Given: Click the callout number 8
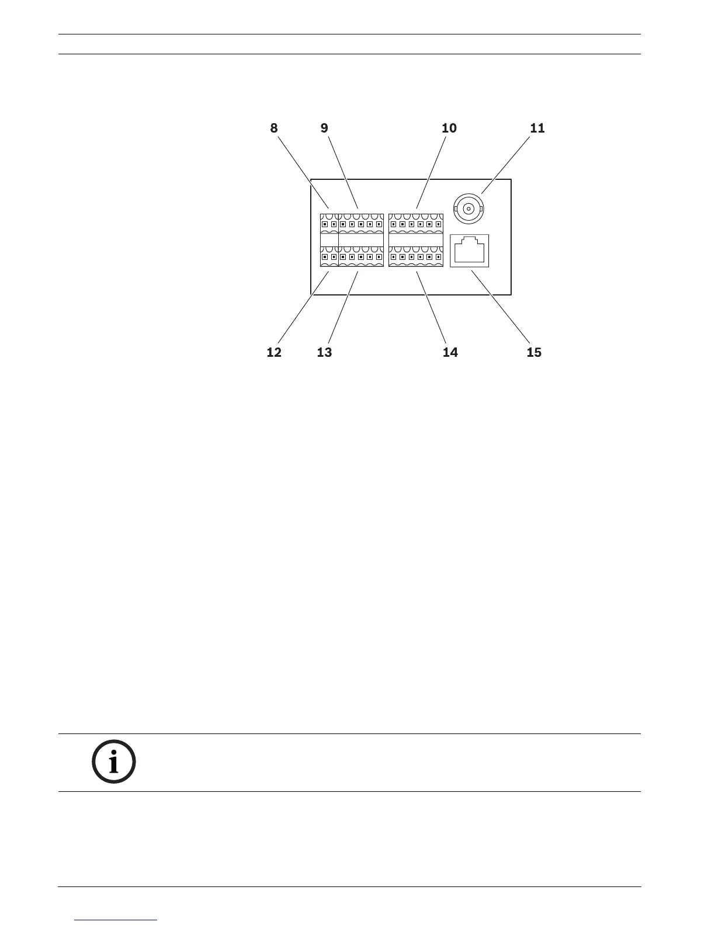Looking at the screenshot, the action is pos(274,128).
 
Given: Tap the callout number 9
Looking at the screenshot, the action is pos(325,128).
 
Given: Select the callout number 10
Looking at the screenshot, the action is pos(449,128).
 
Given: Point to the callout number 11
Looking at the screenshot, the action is pos(537,128).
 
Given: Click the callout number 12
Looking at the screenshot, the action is pos(274,352).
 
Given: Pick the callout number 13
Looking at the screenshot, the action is pos(324,352).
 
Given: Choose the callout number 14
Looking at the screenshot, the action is pos(450,352).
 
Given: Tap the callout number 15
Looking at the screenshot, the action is pos(534,352).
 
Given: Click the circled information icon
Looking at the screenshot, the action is pos(114,762).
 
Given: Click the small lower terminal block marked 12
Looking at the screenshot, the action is pos(329,256).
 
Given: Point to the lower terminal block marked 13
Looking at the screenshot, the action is pos(361,256).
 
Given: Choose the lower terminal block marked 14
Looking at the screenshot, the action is pos(416,256).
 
